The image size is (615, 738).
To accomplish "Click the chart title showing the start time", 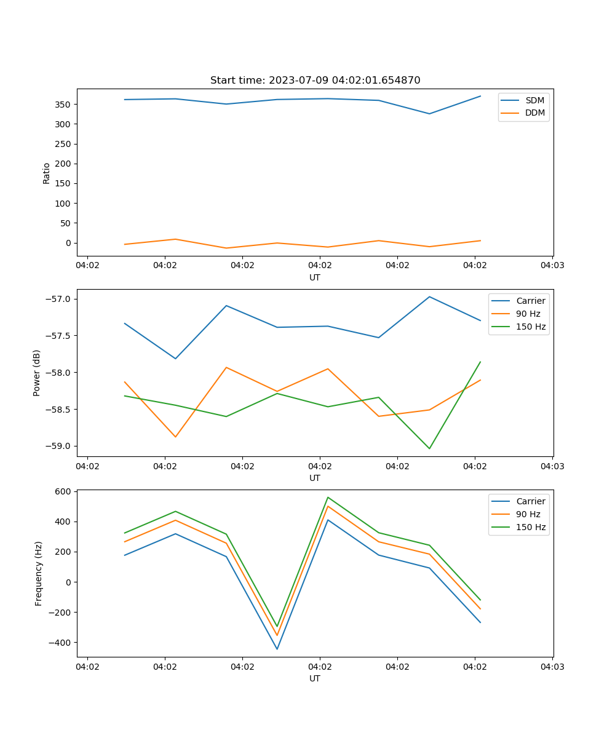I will point(315,81).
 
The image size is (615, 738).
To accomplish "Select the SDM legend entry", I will point(534,100).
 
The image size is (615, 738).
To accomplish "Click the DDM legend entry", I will point(534,113).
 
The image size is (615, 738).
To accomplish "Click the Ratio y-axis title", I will point(47,173).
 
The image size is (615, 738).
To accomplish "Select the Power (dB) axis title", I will point(37,373).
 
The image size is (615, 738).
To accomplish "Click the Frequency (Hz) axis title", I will point(38,573).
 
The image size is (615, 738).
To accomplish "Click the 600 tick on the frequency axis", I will point(64,491).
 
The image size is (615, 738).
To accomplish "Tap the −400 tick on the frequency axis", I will point(61,643).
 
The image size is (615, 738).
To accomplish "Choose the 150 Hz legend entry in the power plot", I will point(531,327).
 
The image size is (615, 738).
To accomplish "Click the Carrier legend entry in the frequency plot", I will point(530,501).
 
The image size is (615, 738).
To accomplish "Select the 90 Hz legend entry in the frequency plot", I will point(528,514).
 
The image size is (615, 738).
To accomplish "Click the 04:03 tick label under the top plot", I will point(552,266).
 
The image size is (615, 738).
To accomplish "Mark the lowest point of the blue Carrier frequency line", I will point(277,649).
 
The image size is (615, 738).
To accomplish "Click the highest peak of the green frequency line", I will point(328,497).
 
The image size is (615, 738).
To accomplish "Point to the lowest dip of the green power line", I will point(429,448).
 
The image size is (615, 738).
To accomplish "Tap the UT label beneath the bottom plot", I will point(315,678).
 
